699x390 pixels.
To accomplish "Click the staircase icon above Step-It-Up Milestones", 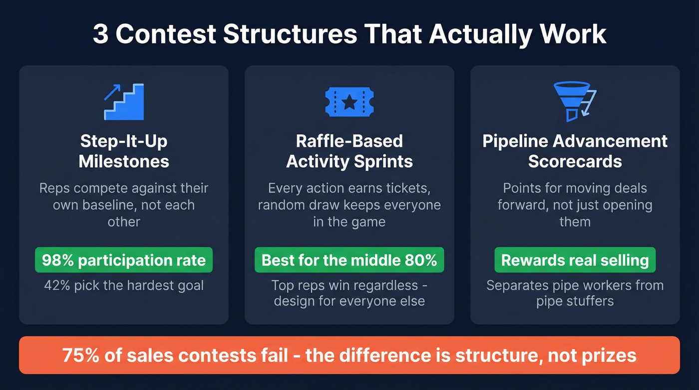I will [x=124, y=102].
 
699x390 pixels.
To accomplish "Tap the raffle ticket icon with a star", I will [x=349, y=102].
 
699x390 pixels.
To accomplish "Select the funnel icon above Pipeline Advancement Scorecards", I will [x=574, y=102].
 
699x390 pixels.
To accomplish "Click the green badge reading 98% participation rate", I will [x=124, y=260].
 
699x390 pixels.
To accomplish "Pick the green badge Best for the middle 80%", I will [x=349, y=260].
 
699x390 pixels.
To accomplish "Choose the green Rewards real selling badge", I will [x=575, y=260].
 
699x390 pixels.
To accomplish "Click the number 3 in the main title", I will [x=100, y=34].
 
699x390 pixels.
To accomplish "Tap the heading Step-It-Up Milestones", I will [x=124, y=151].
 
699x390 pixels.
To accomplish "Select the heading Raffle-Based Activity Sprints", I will [x=349, y=151].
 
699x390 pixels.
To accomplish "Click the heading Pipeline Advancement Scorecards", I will [x=575, y=151].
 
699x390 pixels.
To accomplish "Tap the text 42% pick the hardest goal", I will [x=124, y=286].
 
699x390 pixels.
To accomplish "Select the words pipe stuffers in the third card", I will [x=575, y=302].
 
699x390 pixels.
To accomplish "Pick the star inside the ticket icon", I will [x=349, y=103].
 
